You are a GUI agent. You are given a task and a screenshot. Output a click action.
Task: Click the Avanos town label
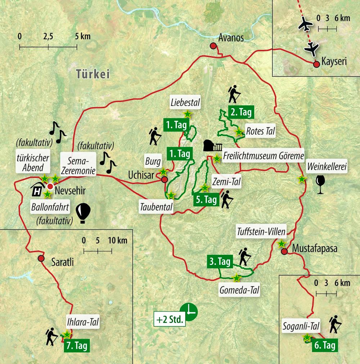[x=231, y=38]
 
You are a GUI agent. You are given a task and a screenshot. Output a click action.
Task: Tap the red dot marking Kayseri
[x=316, y=64]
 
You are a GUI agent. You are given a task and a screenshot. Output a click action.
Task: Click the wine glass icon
[x=319, y=184]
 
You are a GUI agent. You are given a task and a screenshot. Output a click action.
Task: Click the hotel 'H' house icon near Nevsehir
[x=37, y=189]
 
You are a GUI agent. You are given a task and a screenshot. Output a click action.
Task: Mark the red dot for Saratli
[x=41, y=259]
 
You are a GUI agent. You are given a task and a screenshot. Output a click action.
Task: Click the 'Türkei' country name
[x=93, y=74]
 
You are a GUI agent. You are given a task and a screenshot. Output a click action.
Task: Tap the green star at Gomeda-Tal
[x=237, y=278]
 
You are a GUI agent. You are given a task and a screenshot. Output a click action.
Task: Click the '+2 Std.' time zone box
[x=170, y=319]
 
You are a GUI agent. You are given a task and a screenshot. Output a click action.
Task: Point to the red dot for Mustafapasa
[x=284, y=251]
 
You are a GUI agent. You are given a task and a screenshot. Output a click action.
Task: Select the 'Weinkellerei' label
[x=327, y=167]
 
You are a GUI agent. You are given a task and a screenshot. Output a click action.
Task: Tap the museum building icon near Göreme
[x=213, y=146]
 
